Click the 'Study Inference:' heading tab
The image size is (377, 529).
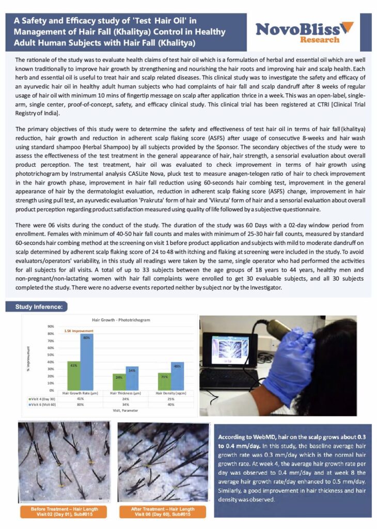pos(39,307)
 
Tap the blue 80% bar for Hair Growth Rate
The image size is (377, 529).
pos(86,362)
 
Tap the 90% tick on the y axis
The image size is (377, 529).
pos(51,326)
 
